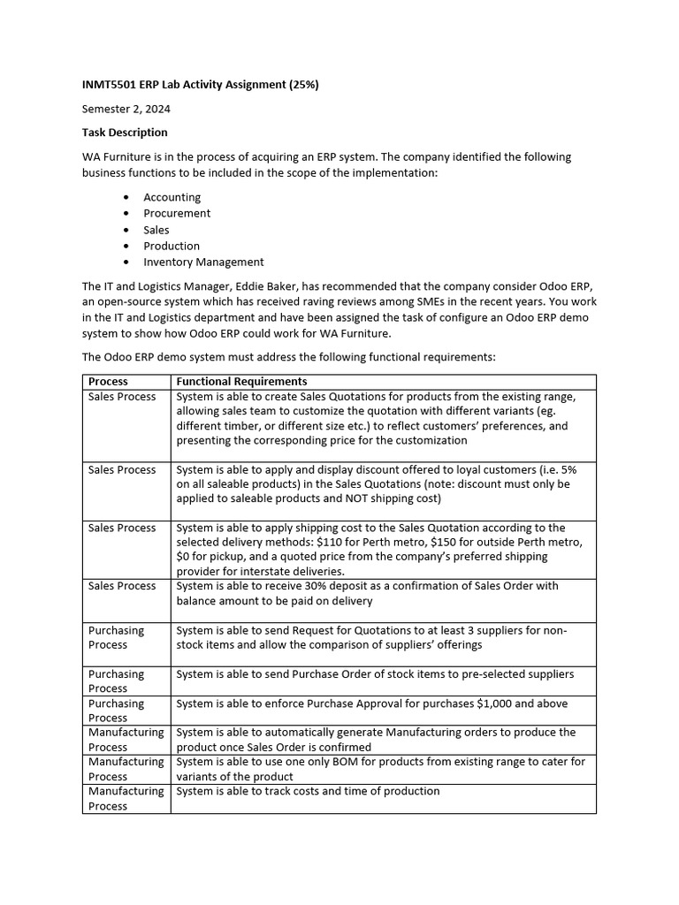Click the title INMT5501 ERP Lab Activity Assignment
click(186, 85)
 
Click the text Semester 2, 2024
click(126, 109)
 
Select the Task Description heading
click(125, 133)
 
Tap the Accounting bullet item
click(172, 197)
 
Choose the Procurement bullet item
click(177, 213)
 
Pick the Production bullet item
click(172, 246)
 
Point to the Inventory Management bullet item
click(203, 262)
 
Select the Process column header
click(108, 382)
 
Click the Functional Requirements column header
click(241, 382)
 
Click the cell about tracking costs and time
click(308, 791)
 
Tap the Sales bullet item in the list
click(156, 230)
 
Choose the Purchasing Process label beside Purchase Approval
click(116, 711)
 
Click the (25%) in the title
click(301, 85)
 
